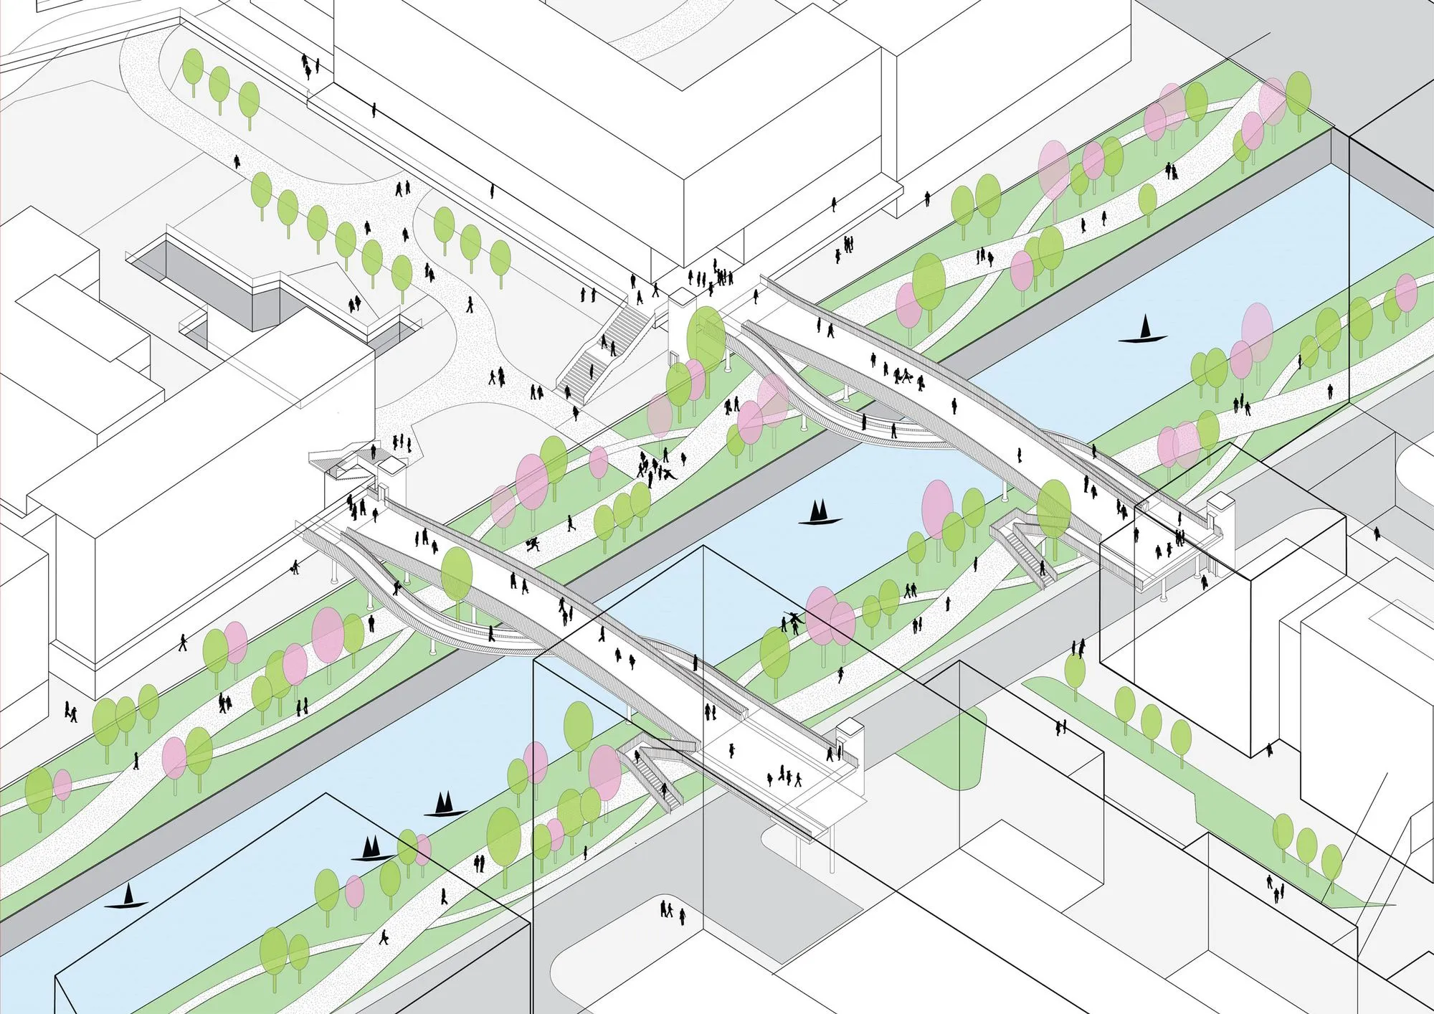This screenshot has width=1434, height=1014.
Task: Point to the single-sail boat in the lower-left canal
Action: pos(128,897)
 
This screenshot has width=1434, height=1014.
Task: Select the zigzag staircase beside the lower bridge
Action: pos(652,774)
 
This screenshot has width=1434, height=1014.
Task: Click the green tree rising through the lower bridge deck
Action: pos(457,574)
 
